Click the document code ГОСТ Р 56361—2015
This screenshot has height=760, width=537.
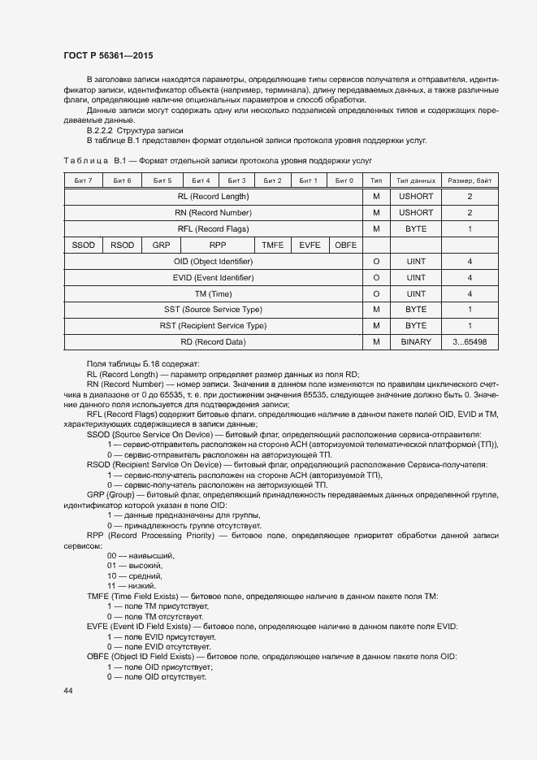point(108,55)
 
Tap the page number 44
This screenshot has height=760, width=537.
point(68,690)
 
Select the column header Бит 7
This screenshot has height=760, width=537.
point(83,180)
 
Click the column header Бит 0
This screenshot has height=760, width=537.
point(344,180)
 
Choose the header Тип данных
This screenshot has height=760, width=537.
point(415,180)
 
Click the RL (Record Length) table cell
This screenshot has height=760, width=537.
point(213,197)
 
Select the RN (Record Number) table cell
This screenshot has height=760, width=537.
point(213,213)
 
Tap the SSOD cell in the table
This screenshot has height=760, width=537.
point(83,245)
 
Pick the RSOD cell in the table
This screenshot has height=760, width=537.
point(122,245)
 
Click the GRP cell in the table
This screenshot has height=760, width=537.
point(162,245)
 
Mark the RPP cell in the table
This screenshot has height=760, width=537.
point(217,245)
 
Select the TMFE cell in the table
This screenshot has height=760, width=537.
point(272,245)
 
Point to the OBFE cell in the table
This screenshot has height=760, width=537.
point(345,245)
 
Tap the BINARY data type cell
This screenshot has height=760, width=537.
point(415,342)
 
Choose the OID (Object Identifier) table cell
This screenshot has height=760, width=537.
point(213,261)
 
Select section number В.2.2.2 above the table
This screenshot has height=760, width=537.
point(101,130)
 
